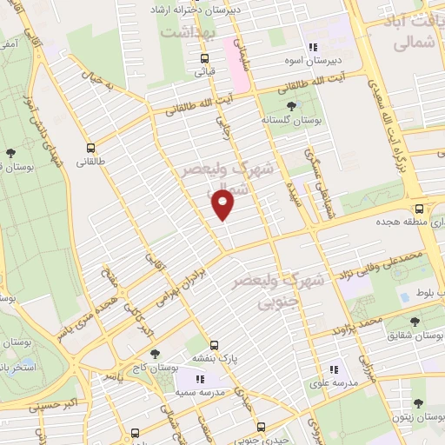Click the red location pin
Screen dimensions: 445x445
pos(223,205)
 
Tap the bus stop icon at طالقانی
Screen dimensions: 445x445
pos(91,148)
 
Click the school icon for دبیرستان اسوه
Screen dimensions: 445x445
pos(312,48)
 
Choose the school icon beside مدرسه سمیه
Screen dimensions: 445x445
pos(199,379)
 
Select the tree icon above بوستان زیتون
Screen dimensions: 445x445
pos(419,403)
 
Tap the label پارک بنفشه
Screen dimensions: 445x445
pos(216,355)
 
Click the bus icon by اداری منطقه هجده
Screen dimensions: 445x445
pos(420,209)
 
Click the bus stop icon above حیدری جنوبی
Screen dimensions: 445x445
pos(261,427)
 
